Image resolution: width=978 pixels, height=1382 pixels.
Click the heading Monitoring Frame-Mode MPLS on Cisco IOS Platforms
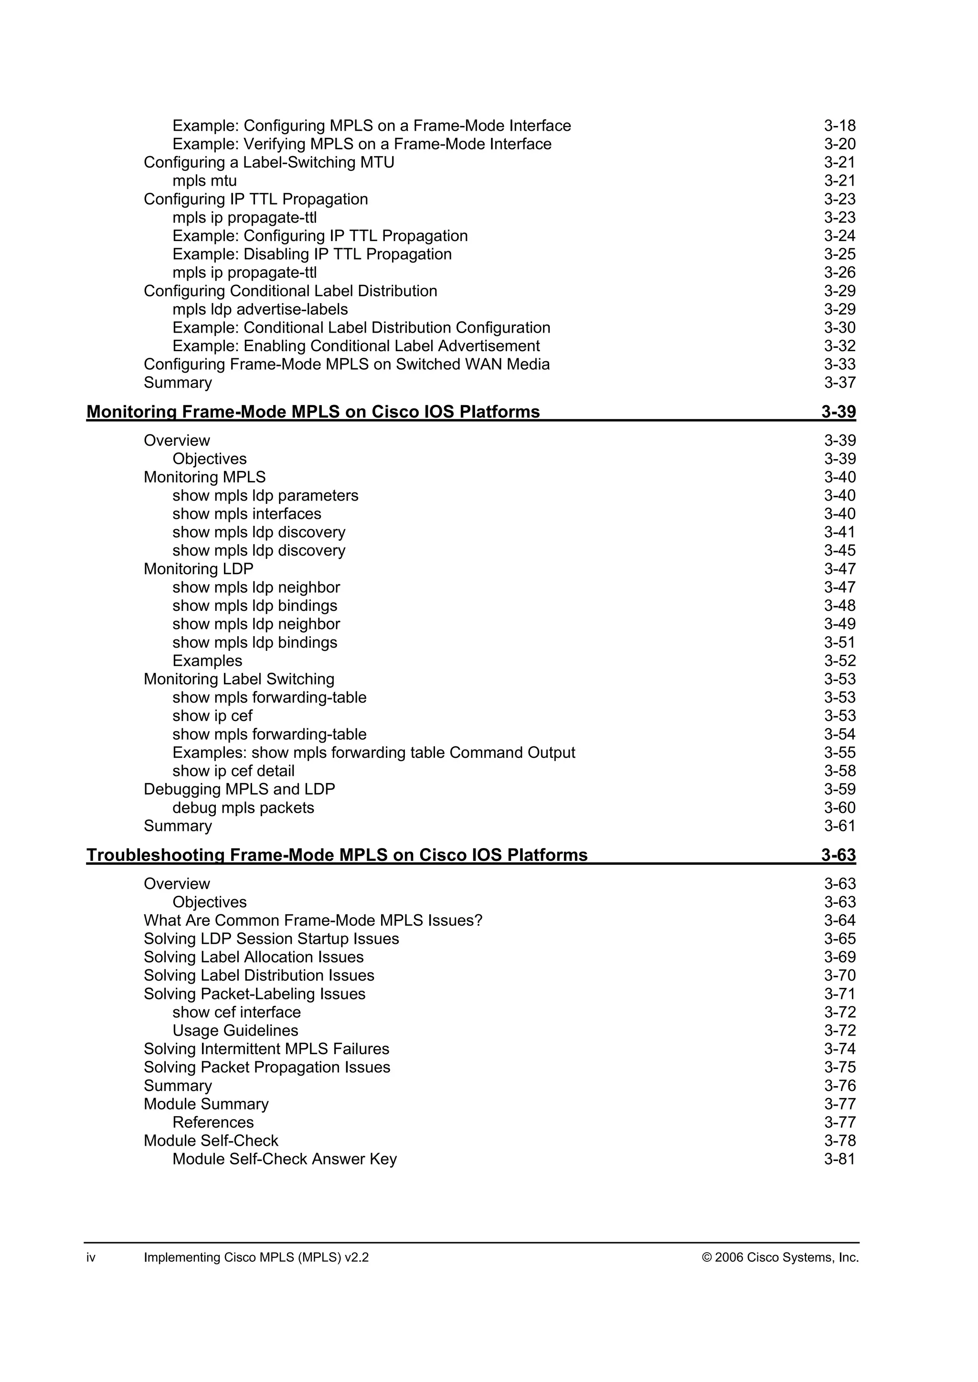tap(313, 412)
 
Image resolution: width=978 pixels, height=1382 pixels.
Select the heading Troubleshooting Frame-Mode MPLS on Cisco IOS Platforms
tap(337, 855)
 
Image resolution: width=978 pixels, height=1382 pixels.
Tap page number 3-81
tap(840, 1159)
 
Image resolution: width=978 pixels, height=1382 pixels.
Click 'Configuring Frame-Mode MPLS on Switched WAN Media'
tap(346, 364)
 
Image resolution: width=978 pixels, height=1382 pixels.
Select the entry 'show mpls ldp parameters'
tap(265, 495)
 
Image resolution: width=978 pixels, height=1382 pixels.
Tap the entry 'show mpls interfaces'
tap(246, 514)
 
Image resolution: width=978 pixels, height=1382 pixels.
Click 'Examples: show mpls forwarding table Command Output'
tap(373, 753)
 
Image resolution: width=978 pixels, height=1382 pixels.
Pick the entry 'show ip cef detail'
tap(233, 771)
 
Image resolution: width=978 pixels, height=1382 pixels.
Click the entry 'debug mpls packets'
tap(243, 808)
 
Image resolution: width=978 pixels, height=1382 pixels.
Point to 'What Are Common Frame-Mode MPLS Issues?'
tap(313, 921)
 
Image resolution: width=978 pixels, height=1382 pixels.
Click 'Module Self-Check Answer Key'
tap(284, 1159)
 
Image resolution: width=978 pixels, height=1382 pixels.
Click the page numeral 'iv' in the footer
tap(91, 1257)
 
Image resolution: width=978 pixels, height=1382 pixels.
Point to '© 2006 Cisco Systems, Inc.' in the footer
tap(780, 1257)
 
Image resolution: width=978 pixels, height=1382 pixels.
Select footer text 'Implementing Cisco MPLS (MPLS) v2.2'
tap(256, 1257)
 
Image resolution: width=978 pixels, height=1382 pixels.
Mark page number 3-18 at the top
tap(840, 126)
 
